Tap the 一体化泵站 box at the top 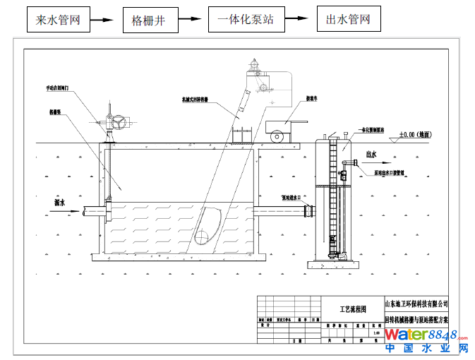pos(246,20)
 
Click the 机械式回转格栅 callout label pos(195,100)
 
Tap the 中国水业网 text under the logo pos(426,349)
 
